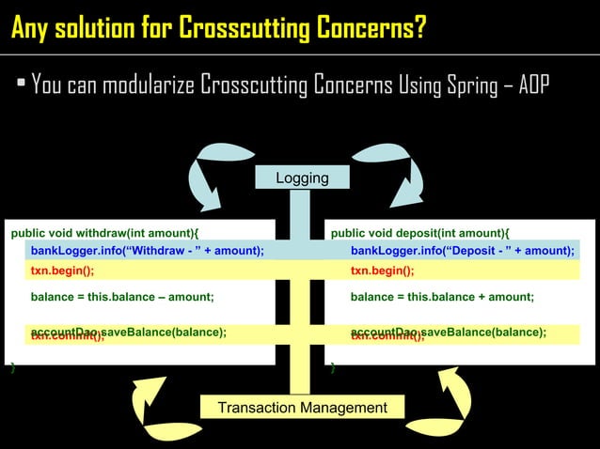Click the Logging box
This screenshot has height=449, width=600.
click(x=302, y=178)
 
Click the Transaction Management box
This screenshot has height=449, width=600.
click(x=302, y=408)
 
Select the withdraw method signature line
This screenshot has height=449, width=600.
click(x=104, y=233)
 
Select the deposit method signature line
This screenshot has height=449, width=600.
click(x=420, y=233)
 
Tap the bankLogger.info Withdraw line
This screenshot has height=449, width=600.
click(x=147, y=251)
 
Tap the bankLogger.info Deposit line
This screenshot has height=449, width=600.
click(x=462, y=251)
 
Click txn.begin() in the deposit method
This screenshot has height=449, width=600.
click(x=382, y=271)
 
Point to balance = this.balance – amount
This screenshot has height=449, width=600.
click(x=122, y=297)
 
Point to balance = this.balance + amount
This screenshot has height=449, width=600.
click(x=442, y=297)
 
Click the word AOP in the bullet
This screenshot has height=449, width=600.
click(x=533, y=86)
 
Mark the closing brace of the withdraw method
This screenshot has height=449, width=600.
click(x=11, y=368)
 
